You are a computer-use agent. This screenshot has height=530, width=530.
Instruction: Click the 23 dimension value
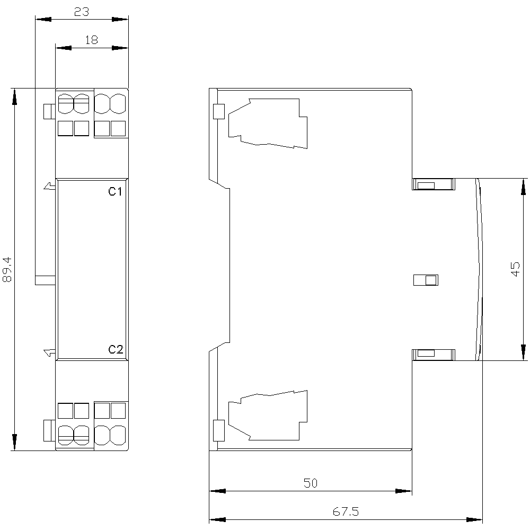click(82, 12)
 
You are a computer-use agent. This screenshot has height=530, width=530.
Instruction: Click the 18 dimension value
click(91, 40)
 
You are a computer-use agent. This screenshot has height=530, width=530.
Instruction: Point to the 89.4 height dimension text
click(7, 269)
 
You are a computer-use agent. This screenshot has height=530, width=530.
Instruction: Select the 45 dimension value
click(515, 269)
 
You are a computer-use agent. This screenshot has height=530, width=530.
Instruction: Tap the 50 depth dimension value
click(310, 483)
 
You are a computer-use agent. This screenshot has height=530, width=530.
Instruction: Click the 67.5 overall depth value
click(346, 511)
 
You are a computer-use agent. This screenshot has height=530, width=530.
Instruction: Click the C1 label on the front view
click(115, 192)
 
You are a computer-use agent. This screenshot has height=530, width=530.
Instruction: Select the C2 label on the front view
click(116, 349)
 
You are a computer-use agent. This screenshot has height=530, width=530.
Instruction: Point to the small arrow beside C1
click(50, 186)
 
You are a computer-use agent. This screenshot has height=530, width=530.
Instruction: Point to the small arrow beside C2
click(50, 352)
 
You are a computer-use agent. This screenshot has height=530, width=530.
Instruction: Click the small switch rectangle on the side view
click(426, 280)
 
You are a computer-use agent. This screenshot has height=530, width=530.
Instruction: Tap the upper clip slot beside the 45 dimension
click(434, 184)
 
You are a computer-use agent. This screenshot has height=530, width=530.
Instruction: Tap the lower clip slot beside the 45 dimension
click(434, 355)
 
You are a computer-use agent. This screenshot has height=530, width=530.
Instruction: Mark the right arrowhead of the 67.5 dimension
click(474, 519)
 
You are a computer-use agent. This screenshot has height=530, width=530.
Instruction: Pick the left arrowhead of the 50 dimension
click(217, 491)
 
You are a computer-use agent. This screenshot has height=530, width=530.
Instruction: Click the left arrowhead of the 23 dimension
click(43, 19)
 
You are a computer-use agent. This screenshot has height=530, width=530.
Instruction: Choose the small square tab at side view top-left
click(219, 111)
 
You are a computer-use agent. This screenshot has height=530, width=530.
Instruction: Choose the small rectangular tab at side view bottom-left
click(219, 430)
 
